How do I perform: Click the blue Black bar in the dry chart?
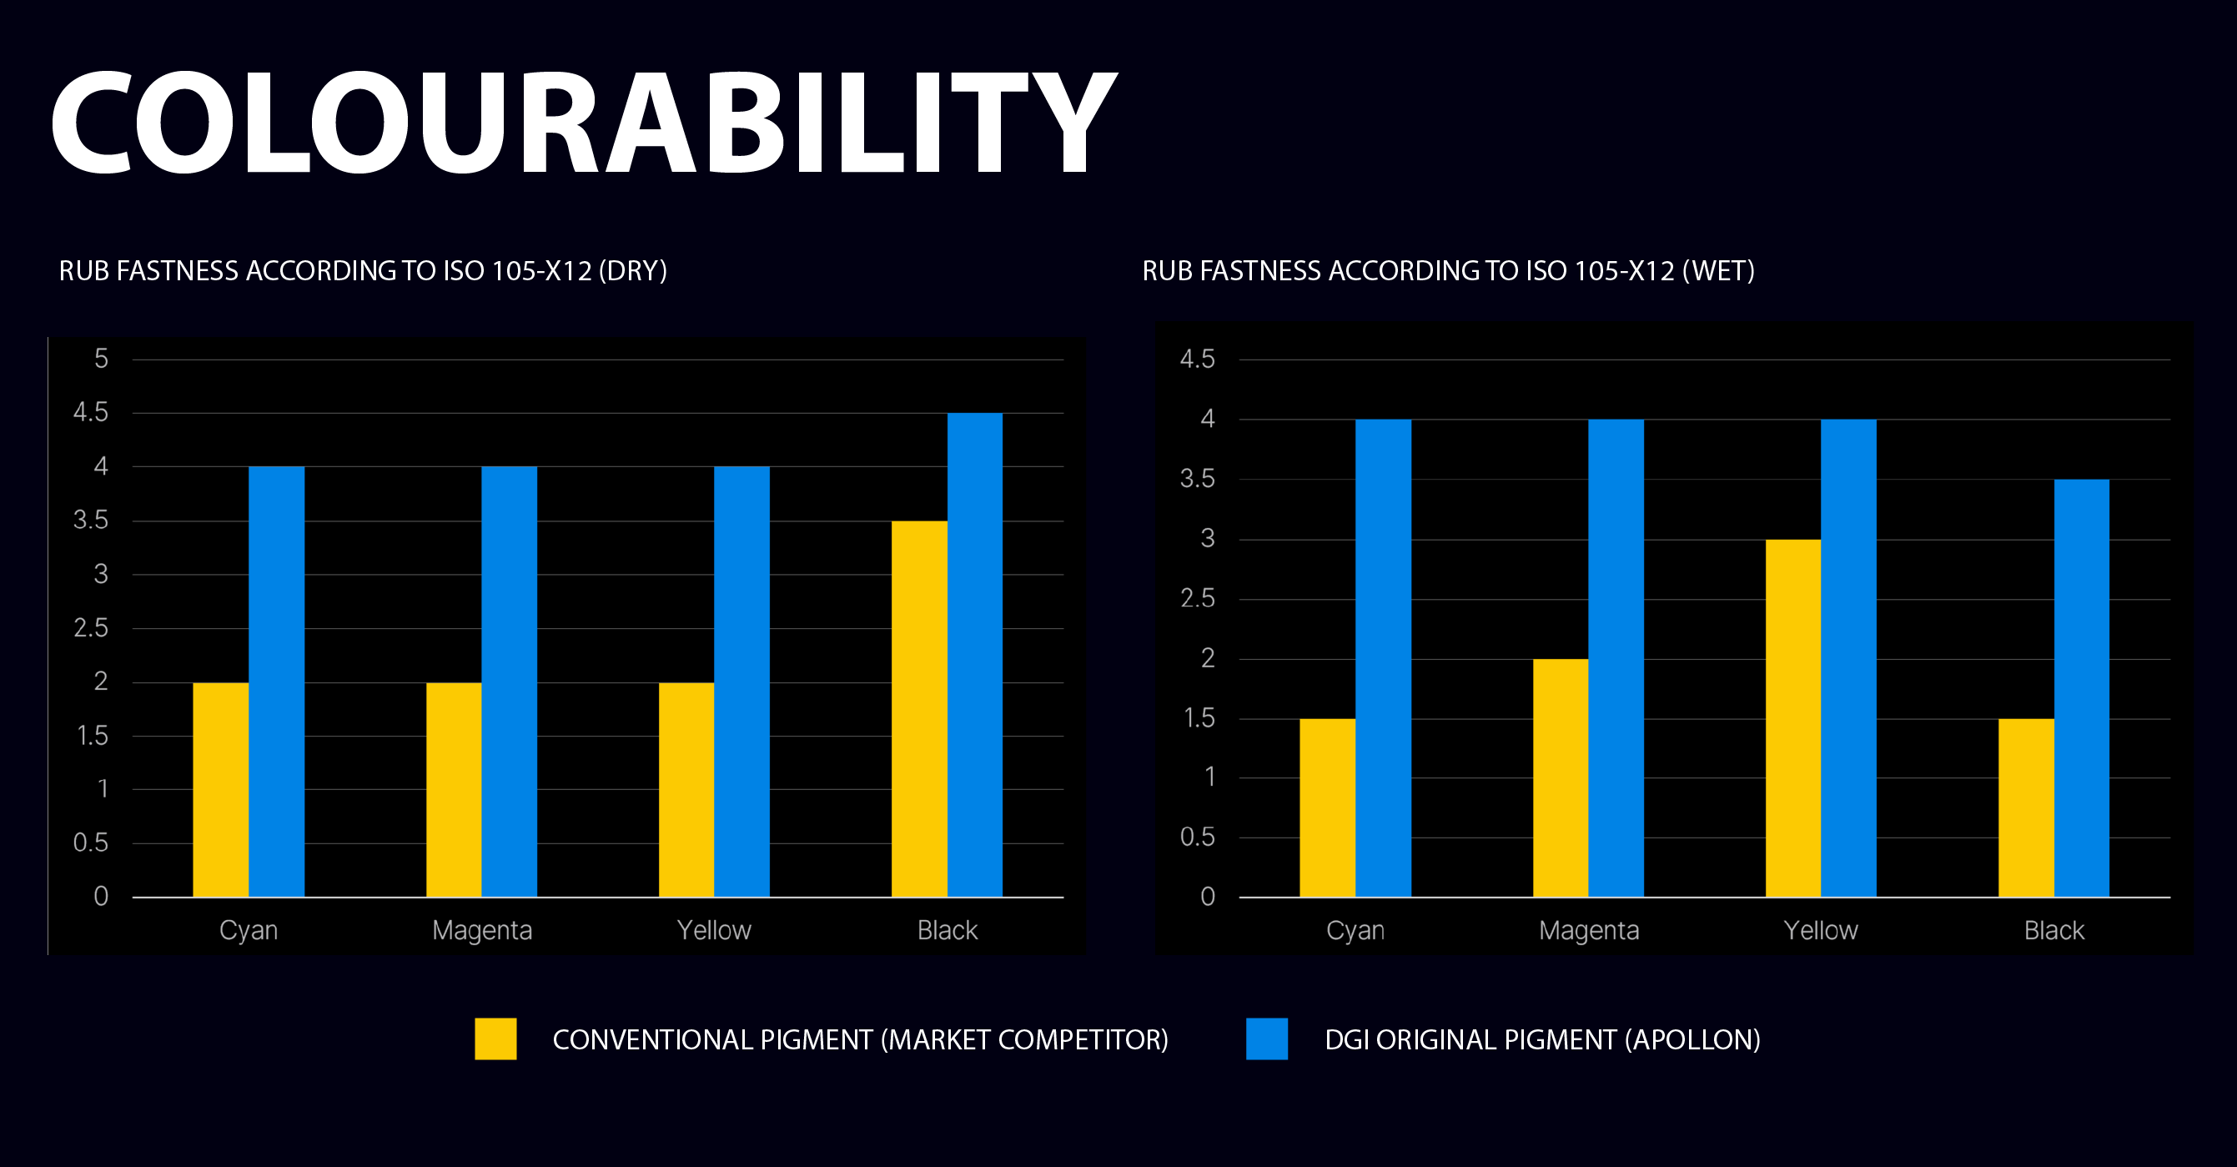pos(974,655)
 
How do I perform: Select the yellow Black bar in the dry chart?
pos(919,708)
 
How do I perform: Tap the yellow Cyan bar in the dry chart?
pos(220,789)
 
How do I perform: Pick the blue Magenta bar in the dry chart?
pos(509,682)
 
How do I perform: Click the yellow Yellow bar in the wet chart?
pos(1792,718)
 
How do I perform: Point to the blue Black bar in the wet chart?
pos(2082,687)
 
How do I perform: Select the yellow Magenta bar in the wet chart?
pos(1561,778)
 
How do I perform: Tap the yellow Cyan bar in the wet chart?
pos(1327,807)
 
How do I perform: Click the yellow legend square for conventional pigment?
pos(495,1039)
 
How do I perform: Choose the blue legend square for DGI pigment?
pos(1266,1039)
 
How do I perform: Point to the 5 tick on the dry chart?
pos(102,359)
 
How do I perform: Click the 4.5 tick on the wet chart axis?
pos(1197,359)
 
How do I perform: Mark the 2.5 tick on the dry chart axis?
pos(91,628)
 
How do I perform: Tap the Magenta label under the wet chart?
pos(1588,931)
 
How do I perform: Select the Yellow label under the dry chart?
pos(714,931)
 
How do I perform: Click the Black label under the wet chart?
pos(2054,931)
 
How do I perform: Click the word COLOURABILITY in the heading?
pos(584,123)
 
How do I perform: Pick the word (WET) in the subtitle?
pos(1717,271)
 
